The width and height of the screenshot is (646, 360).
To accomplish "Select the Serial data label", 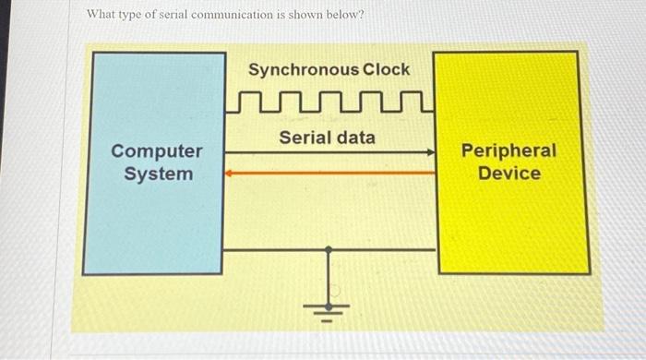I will (328, 138).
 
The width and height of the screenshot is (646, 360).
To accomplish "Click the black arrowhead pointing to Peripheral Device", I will (430, 153).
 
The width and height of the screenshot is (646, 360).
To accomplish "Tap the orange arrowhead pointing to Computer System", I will (229, 172).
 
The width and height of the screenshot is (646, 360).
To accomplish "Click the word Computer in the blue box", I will (156, 150).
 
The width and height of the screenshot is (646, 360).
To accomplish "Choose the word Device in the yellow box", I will (509, 173).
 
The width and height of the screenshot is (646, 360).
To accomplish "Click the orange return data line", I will (332, 172).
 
